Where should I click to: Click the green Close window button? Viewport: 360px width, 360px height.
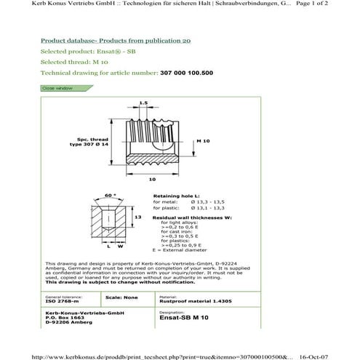(x=57, y=87)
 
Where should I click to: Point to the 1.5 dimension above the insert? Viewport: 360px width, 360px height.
(x=143, y=103)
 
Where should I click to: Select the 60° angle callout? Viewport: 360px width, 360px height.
(x=111, y=196)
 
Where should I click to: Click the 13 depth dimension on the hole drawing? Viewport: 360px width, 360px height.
(x=136, y=216)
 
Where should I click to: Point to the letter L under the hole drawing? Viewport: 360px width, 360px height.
(x=108, y=247)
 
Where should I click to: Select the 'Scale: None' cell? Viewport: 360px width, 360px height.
(x=122, y=297)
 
